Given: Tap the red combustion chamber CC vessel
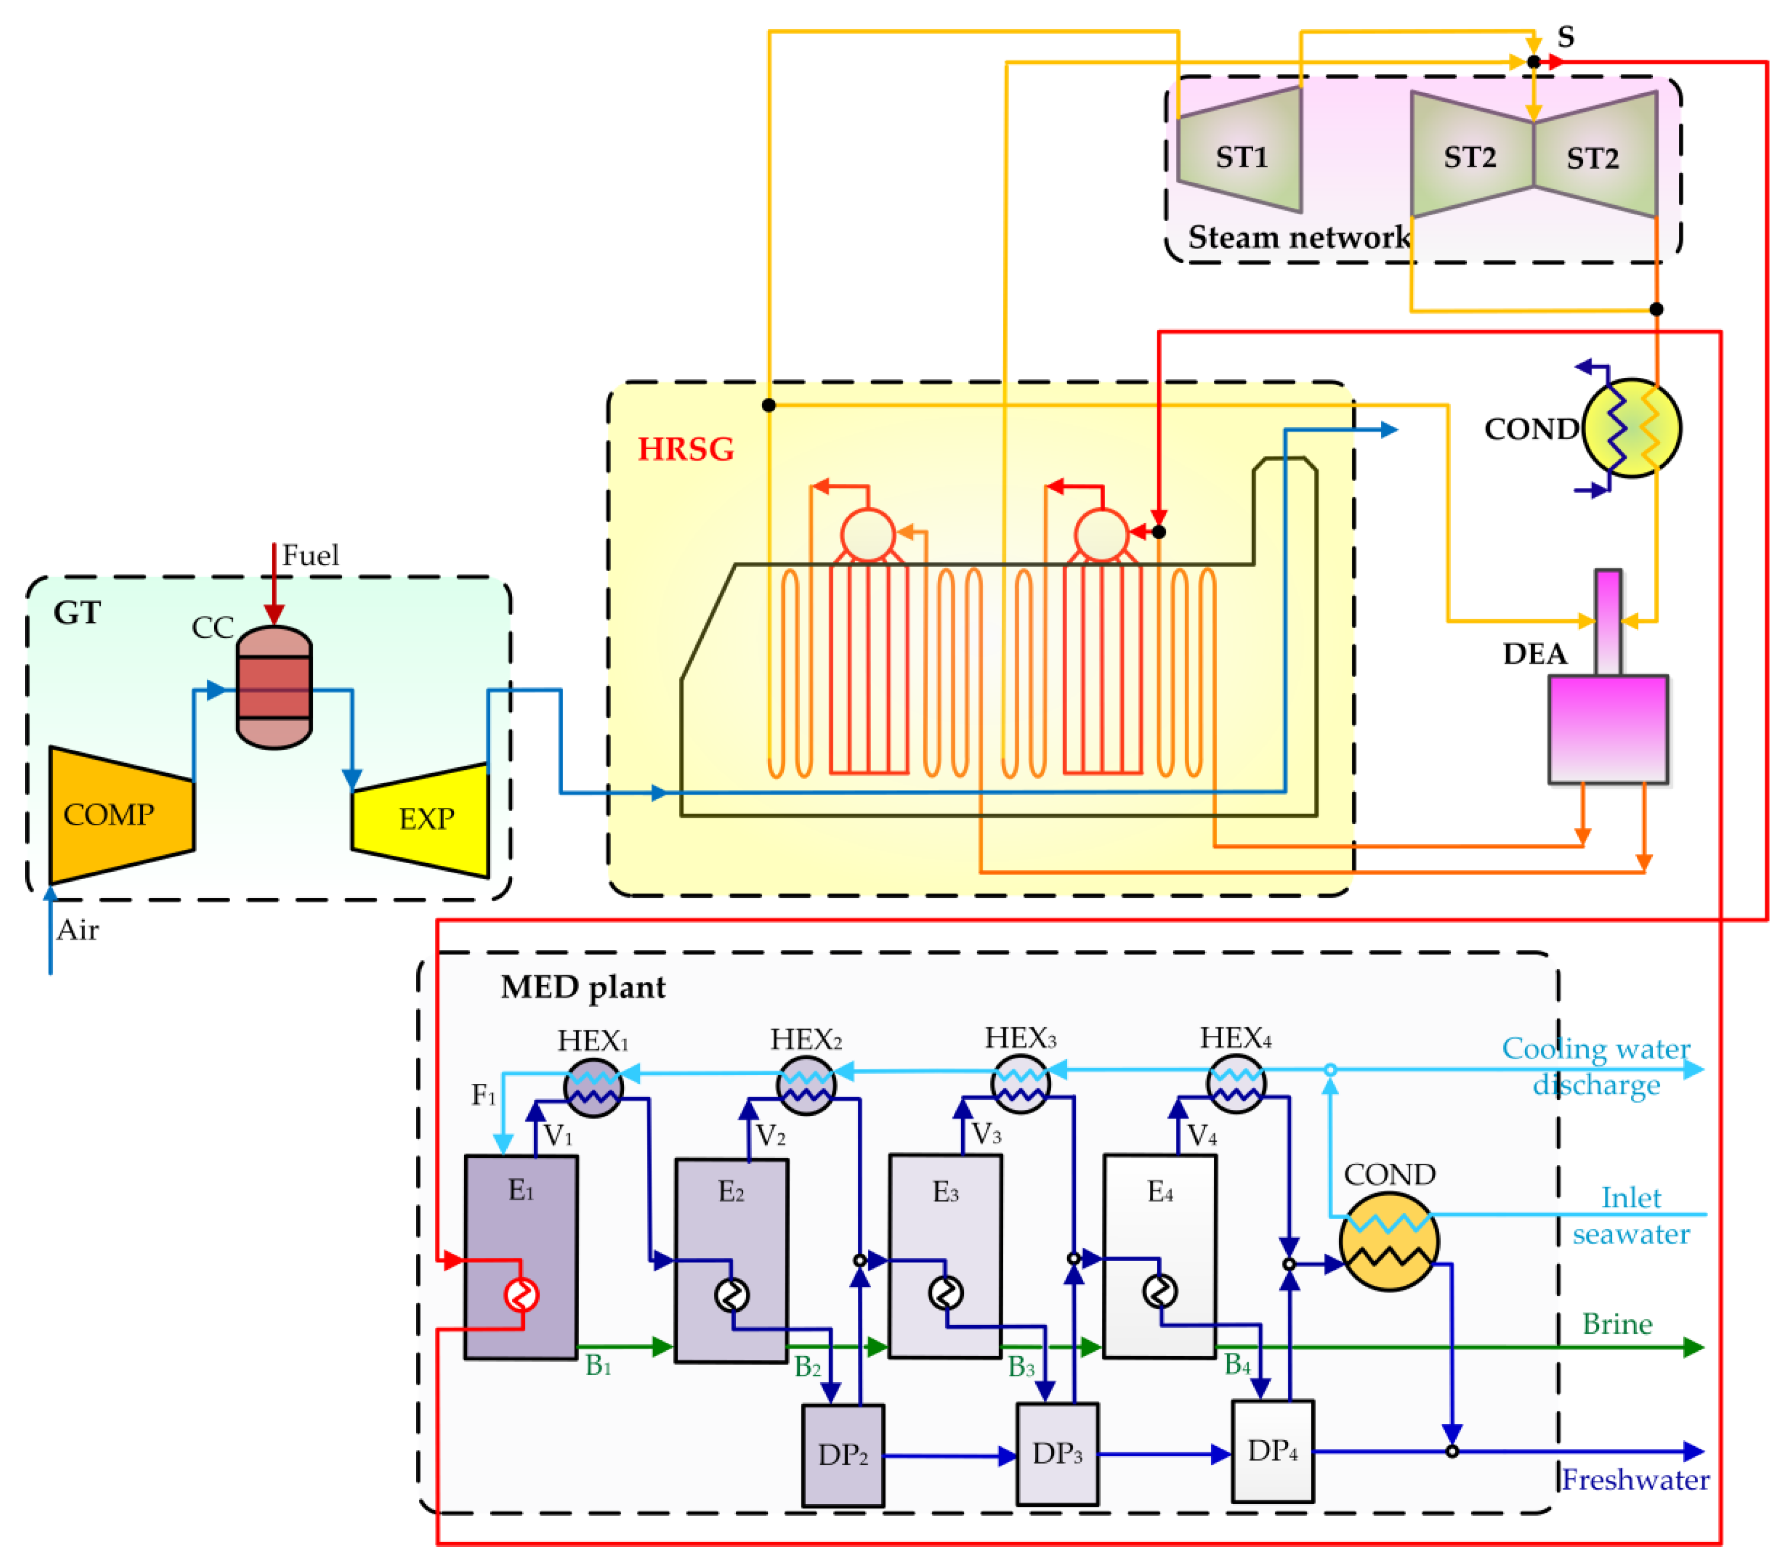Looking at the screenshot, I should click(274, 687).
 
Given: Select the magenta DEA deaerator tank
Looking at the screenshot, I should click(1607, 728).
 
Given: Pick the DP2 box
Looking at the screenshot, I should click(842, 1455).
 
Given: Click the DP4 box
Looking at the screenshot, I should click(1272, 1451).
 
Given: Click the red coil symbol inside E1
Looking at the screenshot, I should click(521, 1295).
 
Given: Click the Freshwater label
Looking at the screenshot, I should click(1635, 1480).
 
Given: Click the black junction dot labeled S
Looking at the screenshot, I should click(1534, 62).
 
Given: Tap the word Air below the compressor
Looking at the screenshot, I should click(77, 930).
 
